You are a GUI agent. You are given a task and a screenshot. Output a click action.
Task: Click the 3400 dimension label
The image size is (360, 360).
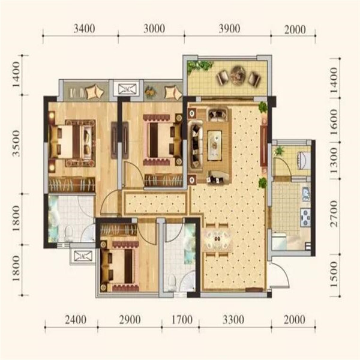tap(84, 29)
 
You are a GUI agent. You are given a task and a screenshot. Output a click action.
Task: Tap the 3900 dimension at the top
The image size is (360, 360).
tap(229, 29)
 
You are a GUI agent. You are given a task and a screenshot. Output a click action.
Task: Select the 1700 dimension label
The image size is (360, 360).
tap(182, 320)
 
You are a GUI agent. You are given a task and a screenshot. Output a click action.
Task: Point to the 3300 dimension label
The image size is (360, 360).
tap(233, 320)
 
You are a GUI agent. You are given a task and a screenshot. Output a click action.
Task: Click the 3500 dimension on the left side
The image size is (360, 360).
tap(16, 143)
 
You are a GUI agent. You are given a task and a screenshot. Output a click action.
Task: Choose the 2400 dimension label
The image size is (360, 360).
tap(76, 320)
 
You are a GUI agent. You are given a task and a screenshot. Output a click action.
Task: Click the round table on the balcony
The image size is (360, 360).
tap(239, 74)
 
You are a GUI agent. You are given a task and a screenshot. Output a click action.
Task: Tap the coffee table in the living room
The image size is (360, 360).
tap(214, 145)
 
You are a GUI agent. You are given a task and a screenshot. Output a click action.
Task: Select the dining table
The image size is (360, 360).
tap(217, 239)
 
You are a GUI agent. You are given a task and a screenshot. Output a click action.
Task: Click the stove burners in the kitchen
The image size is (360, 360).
tap(305, 217)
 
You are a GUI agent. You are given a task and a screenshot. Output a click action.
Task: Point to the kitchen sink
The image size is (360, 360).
tap(306, 194)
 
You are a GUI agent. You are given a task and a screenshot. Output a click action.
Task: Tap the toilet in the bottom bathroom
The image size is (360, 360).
tap(171, 283)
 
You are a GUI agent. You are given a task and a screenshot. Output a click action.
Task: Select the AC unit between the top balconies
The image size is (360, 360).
tap(127, 89)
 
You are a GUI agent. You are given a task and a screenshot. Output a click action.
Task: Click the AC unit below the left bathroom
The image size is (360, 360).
tap(83, 256)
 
